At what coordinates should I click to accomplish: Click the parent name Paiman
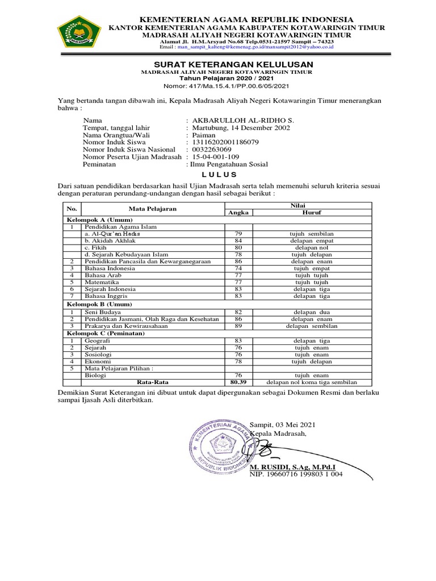tap(204, 136)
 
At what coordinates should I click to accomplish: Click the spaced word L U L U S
tap(218, 174)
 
